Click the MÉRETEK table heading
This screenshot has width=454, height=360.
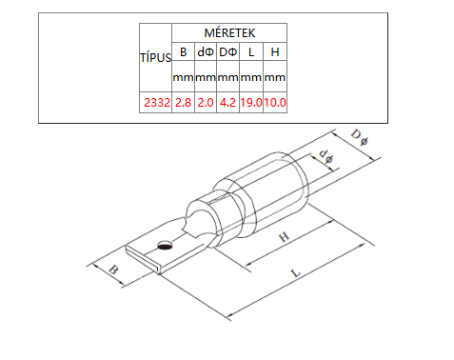(229, 32)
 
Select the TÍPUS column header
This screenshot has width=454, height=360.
(156, 57)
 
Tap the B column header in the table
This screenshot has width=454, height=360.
(183, 51)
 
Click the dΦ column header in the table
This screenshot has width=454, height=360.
(206, 51)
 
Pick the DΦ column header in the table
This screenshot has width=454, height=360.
(228, 51)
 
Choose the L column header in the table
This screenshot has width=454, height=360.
(251, 51)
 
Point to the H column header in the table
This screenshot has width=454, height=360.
(275, 51)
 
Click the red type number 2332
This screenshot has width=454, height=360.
(157, 103)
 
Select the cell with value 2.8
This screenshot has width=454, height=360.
(183, 103)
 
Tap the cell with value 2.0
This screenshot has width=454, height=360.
(206, 103)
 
